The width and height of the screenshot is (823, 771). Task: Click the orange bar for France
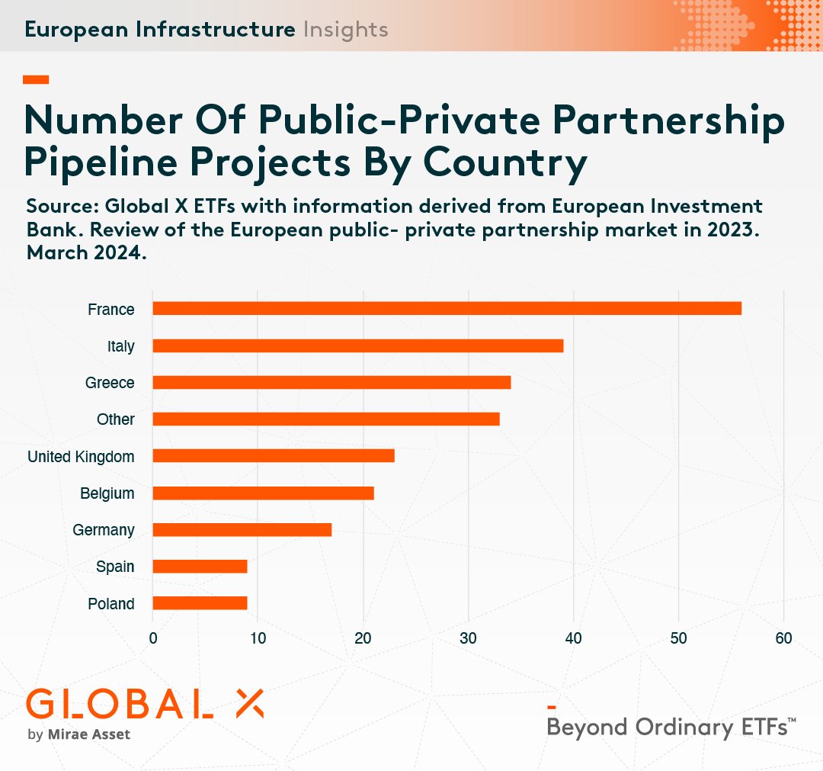(x=447, y=308)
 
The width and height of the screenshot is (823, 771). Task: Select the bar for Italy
(x=357, y=345)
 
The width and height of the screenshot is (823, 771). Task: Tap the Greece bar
(x=331, y=382)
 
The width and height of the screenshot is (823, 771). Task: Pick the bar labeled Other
(x=326, y=419)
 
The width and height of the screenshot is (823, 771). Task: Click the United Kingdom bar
(x=274, y=455)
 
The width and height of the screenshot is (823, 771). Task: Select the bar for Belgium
(x=263, y=493)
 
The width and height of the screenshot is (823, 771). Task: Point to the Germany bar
(x=242, y=529)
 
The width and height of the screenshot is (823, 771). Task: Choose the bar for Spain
(x=200, y=566)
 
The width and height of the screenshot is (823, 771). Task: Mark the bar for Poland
(x=200, y=603)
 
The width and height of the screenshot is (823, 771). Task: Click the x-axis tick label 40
(x=573, y=638)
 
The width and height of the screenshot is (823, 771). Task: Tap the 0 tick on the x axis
(x=153, y=638)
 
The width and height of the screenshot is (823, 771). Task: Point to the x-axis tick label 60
(x=783, y=638)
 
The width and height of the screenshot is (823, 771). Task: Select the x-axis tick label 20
(x=363, y=638)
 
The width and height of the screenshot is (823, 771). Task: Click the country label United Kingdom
(x=81, y=457)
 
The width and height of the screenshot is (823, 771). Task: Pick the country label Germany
(x=103, y=530)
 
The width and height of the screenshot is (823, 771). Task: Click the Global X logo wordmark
(x=145, y=704)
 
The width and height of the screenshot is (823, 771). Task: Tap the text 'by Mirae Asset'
(x=78, y=735)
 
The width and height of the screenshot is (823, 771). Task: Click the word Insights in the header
(x=345, y=30)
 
